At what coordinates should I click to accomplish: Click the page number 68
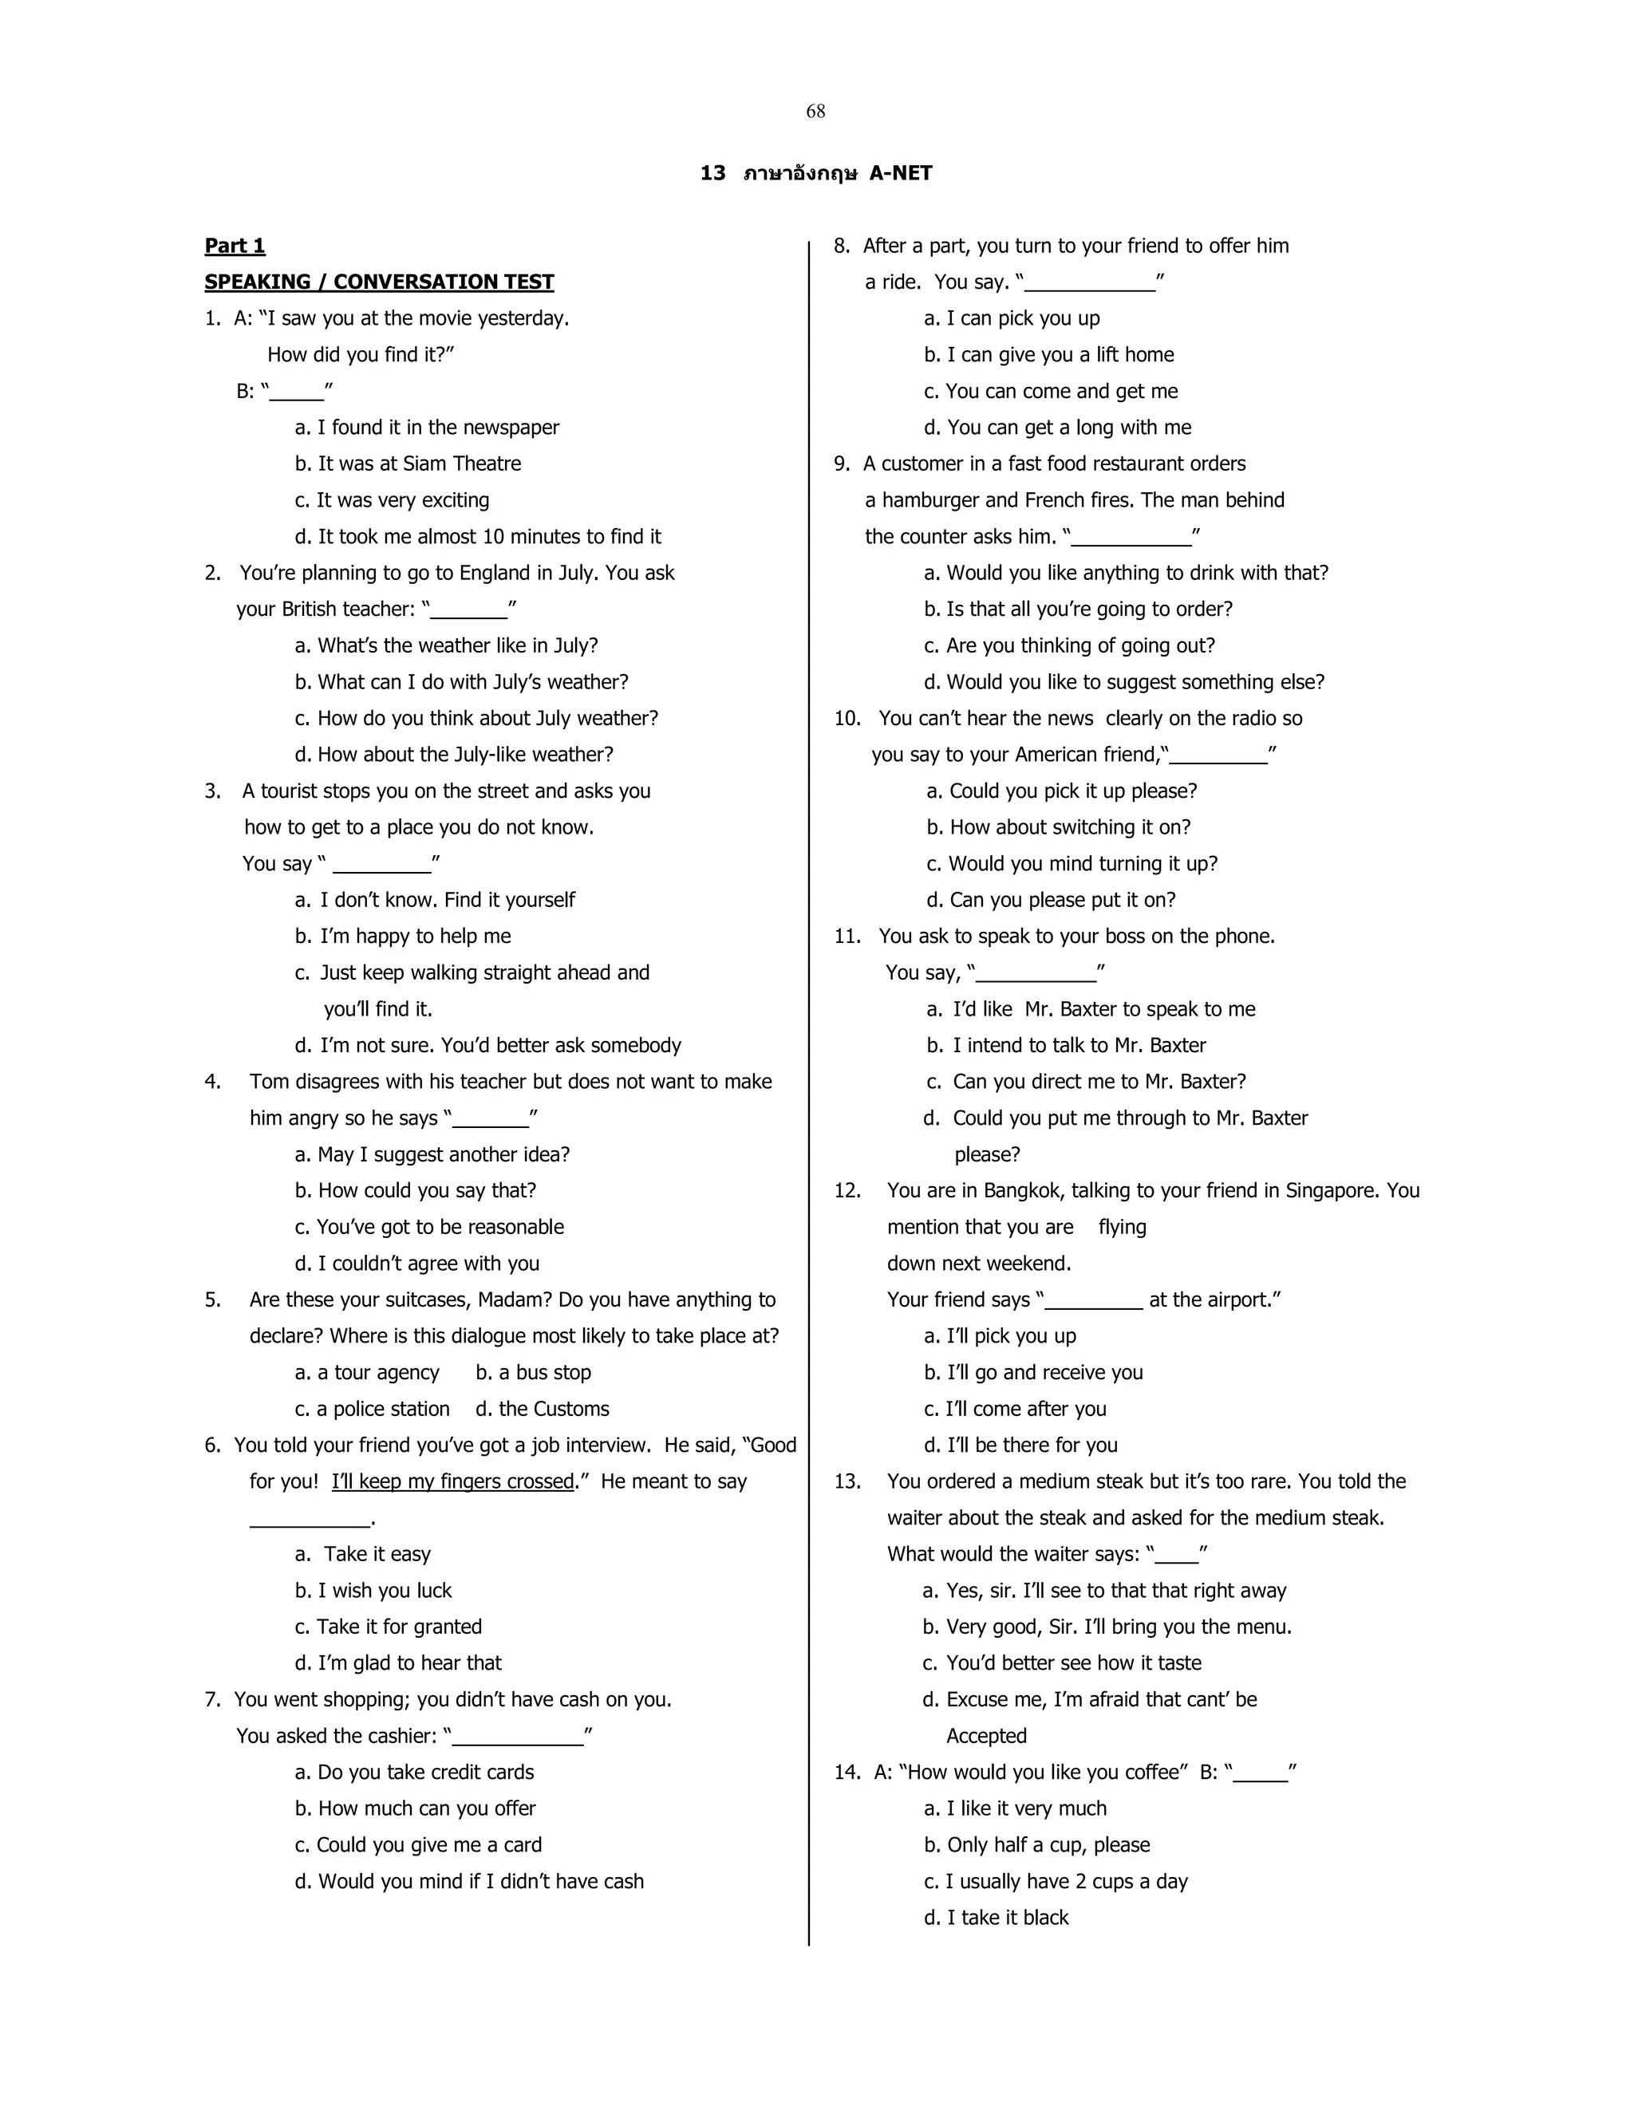(x=815, y=112)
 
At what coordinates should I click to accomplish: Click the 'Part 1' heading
(x=235, y=246)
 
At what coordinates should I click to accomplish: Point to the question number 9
(x=841, y=463)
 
